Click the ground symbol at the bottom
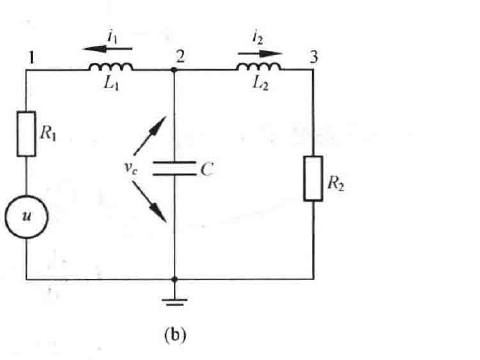[x=175, y=301]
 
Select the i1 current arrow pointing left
[x=107, y=49]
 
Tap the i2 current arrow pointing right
[x=260, y=54]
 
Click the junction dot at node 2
[x=174, y=70]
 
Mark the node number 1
[x=31, y=58]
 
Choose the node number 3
[x=313, y=57]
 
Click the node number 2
[x=181, y=56]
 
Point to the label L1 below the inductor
[x=111, y=82]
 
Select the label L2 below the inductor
[x=260, y=83]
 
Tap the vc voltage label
[x=130, y=168]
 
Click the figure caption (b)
[x=175, y=335]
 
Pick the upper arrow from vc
[x=150, y=136]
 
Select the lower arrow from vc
[x=149, y=202]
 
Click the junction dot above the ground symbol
[x=175, y=279]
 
